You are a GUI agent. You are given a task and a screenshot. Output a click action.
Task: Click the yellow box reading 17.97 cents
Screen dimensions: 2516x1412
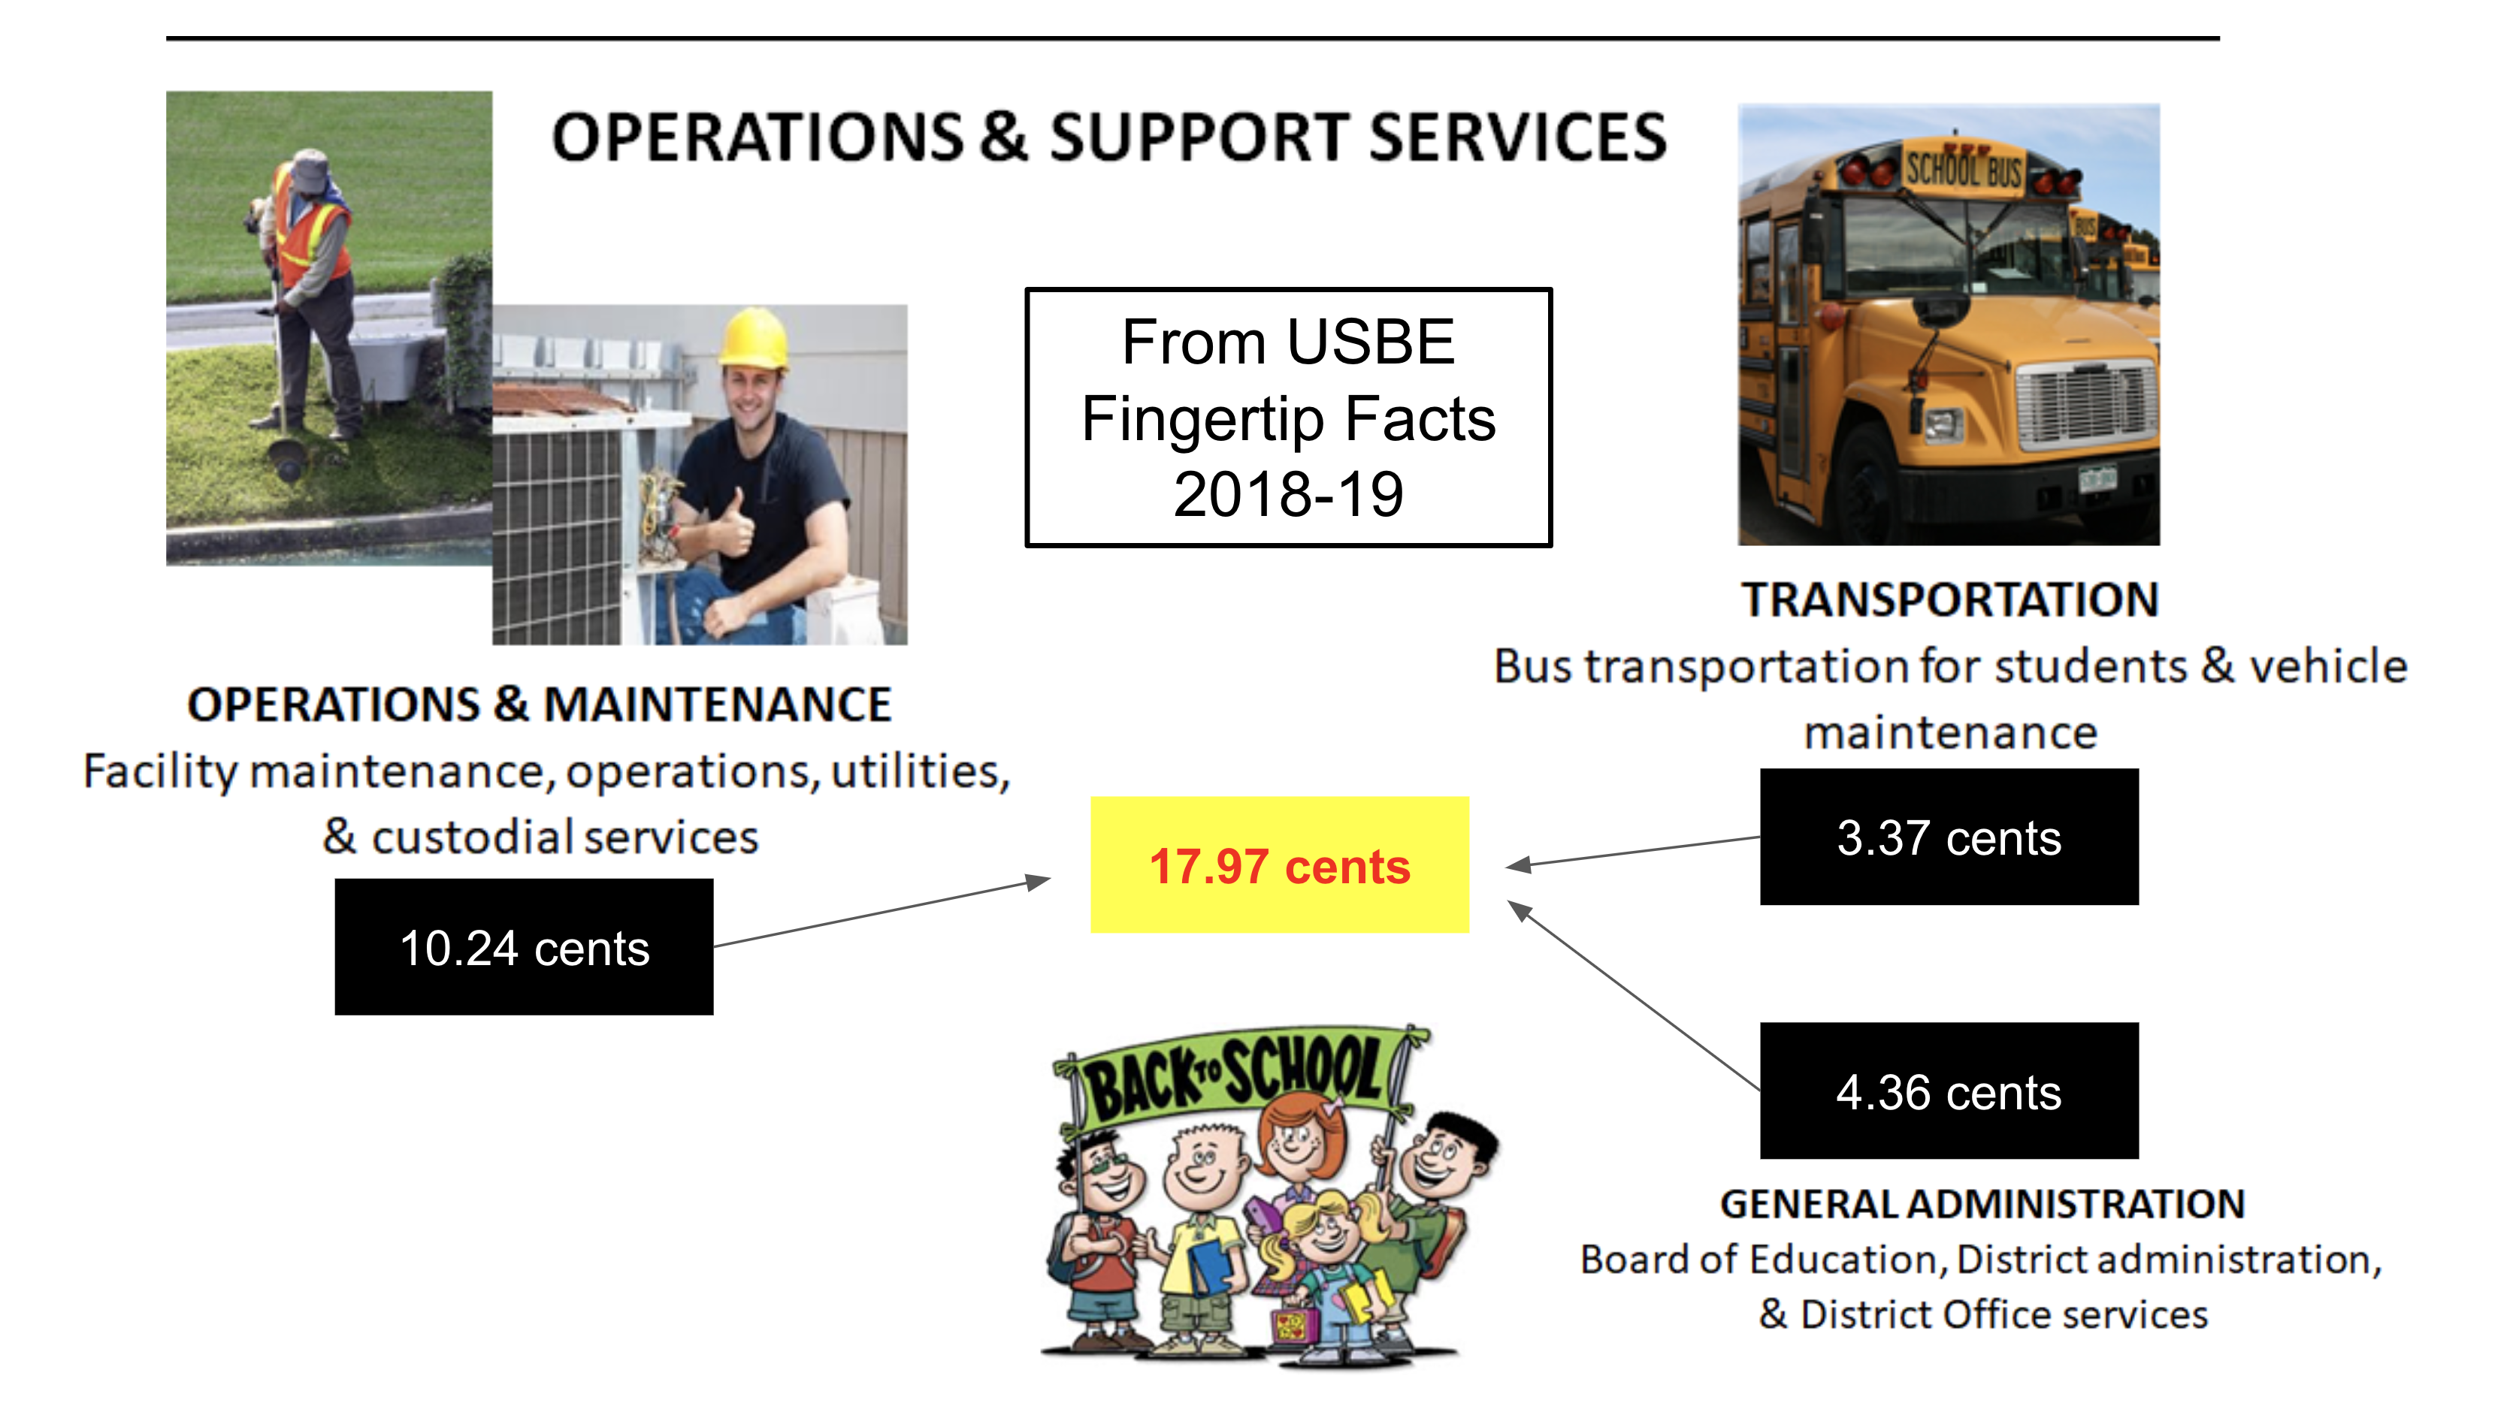1280,865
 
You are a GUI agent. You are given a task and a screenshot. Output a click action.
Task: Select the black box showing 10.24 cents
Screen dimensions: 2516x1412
524,947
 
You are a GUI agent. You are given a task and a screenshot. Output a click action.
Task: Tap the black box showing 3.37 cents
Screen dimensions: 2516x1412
1949,837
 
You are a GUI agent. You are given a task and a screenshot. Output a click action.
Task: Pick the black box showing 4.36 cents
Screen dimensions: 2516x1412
1949,1091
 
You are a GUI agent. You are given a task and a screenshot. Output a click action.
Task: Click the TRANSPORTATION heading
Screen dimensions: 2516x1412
1950,599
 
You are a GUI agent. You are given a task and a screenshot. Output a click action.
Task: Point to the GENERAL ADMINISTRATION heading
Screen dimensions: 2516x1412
1982,1204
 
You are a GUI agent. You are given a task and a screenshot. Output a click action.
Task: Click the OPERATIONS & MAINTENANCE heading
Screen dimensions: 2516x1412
539,704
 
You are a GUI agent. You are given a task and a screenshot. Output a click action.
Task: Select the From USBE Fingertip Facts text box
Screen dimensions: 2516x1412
1288,417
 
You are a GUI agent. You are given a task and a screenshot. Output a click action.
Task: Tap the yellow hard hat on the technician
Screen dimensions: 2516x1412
753,338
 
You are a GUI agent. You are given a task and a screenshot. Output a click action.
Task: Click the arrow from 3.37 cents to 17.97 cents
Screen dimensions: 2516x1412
1633,852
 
